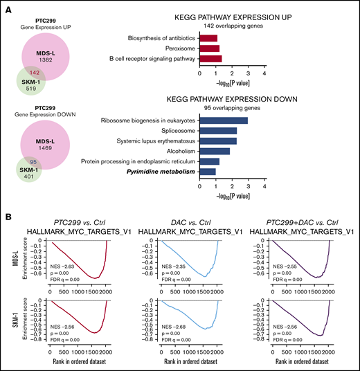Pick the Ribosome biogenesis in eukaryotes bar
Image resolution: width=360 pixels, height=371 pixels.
click(223, 120)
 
